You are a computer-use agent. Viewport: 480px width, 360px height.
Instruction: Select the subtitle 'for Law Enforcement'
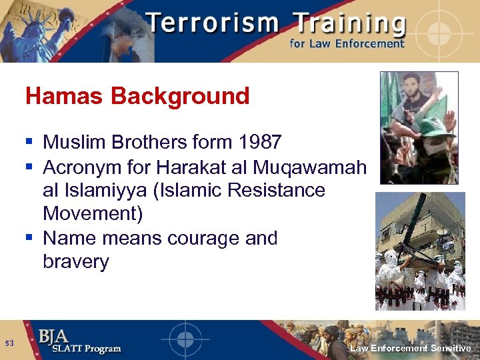point(347,43)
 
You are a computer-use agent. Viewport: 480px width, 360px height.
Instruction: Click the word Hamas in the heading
point(65,97)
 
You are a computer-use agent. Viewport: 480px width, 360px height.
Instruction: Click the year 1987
point(257,142)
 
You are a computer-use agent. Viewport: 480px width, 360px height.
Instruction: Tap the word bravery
point(75,261)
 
